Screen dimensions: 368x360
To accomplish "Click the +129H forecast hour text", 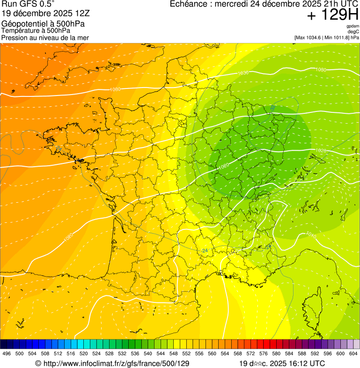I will coord(332,16).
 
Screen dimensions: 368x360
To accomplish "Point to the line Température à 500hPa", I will coord(39,30).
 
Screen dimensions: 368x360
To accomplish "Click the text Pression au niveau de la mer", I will coord(45,37).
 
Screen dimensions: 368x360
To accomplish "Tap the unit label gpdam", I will coord(353,26).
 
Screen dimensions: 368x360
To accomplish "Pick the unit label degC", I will coord(353,31).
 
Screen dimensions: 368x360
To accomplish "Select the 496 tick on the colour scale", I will coord(7,354).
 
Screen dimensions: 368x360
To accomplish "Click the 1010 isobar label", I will coord(311,234).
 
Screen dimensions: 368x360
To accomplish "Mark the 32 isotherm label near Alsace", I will coord(273,108).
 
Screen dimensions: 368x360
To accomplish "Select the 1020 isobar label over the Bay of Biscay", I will coord(68,236).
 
